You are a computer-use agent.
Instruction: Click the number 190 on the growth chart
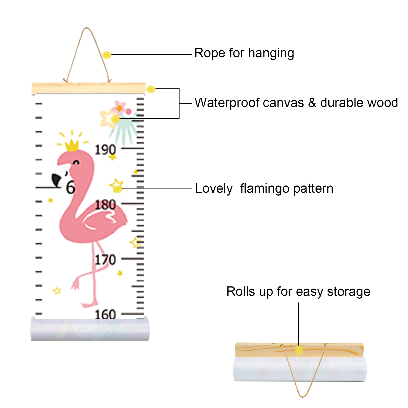pos(105,150)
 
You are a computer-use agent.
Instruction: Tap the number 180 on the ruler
pos(105,205)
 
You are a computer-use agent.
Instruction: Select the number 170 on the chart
pos(105,259)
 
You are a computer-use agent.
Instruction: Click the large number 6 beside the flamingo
pos(71,187)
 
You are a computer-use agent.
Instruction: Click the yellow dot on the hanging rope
pos(107,55)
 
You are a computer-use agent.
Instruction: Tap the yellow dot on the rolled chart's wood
pos(299,350)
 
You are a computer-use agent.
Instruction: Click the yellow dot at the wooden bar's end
pos(151,89)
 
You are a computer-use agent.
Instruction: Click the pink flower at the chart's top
pos(120,107)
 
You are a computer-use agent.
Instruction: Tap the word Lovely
pos(214,188)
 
